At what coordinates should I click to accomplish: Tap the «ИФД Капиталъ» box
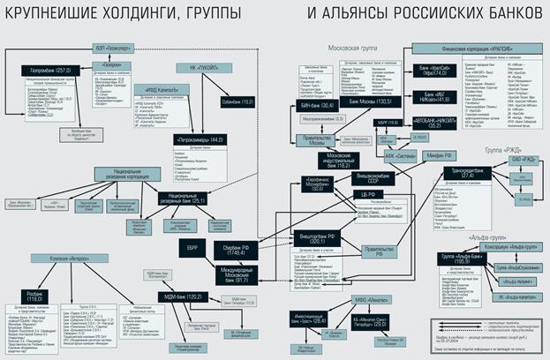(x=153, y=89)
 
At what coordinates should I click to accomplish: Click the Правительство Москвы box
(x=313, y=145)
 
